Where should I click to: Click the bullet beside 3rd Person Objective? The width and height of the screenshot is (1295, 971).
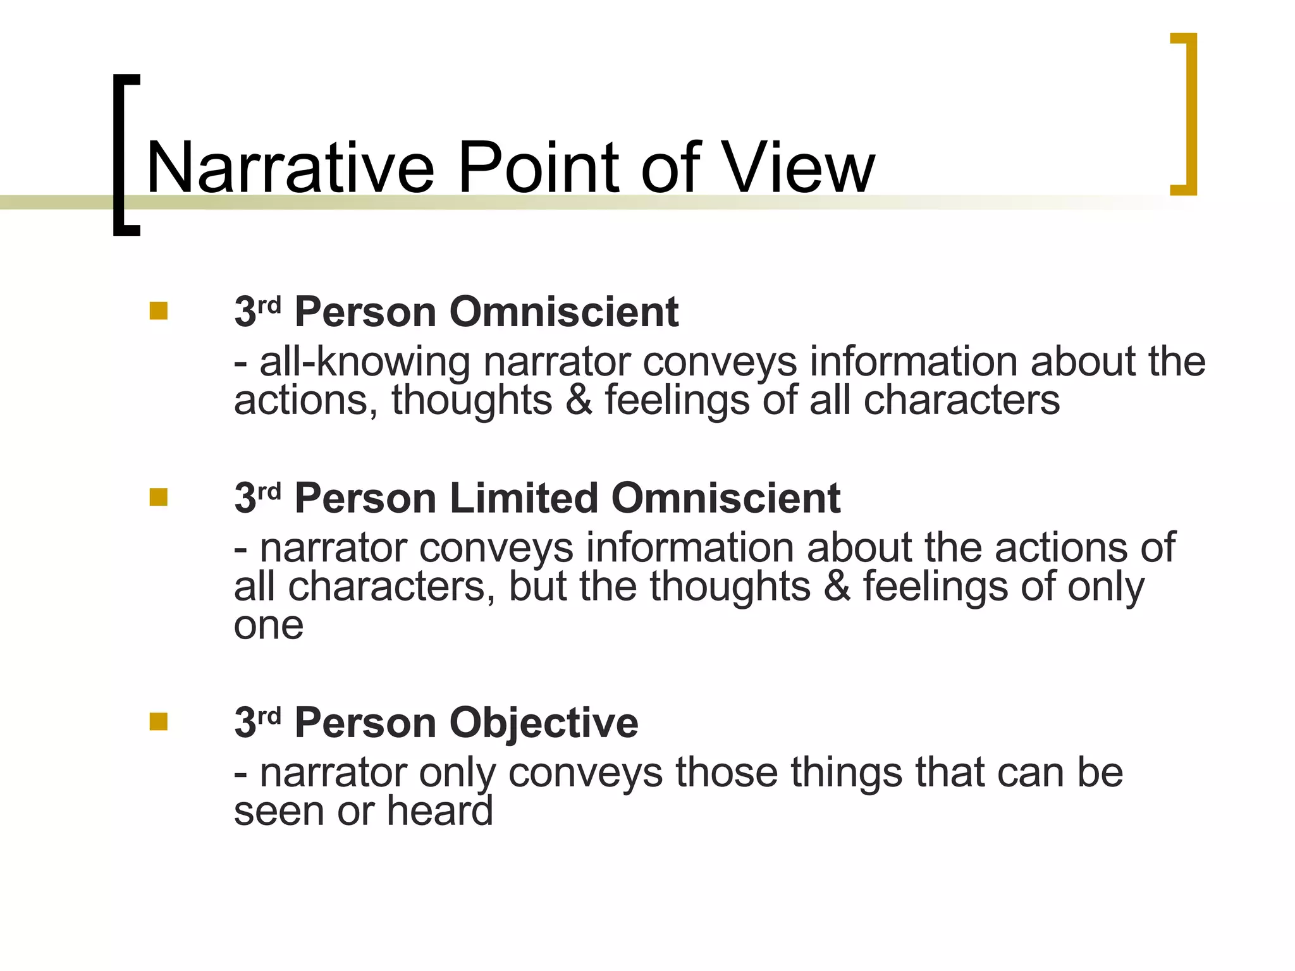tap(159, 721)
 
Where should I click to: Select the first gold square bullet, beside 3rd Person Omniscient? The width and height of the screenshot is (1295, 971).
tap(159, 311)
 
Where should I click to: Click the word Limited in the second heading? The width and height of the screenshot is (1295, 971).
tap(524, 498)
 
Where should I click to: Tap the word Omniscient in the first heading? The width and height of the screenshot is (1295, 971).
tap(563, 312)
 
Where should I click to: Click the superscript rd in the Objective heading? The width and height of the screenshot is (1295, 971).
tap(269, 715)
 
